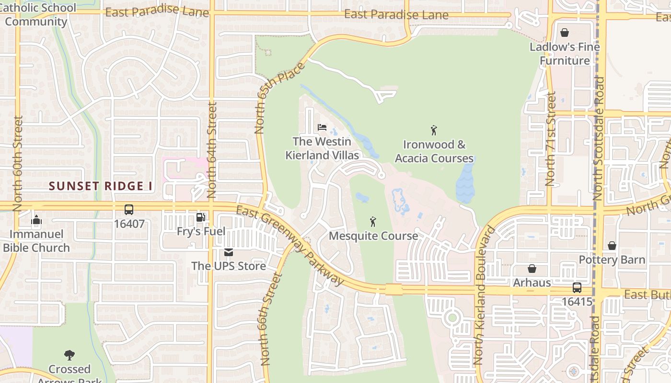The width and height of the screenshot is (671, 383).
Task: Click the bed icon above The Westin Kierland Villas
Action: (x=322, y=128)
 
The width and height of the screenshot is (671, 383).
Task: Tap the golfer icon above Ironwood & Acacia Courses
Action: (x=434, y=130)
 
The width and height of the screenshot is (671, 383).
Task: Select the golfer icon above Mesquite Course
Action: (x=373, y=222)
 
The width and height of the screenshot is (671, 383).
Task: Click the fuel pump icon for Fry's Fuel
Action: (x=201, y=217)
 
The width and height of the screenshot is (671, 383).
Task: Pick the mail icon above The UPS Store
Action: (x=229, y=252)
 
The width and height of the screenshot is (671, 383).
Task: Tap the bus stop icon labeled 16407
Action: (x=129, y=210)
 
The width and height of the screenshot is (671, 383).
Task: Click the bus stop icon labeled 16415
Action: (x=577, y=288)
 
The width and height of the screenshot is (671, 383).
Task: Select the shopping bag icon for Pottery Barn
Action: (x=612, y=246)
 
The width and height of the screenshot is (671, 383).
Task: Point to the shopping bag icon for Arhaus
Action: (x=532, y=269)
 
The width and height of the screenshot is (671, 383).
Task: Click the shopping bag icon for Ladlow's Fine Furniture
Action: (x=565, y=33)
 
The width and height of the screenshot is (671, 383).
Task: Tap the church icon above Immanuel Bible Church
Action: (x=36, y=221)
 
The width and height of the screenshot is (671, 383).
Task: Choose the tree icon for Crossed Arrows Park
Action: (x=69, y=355)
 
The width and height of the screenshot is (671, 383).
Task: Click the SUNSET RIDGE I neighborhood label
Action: (x=101, y=186)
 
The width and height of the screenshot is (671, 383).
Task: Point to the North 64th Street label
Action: (x=212, y=151)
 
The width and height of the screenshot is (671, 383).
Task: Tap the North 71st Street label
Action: (x=551, y=139)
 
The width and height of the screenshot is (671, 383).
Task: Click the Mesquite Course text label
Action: (x=373, y=236)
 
